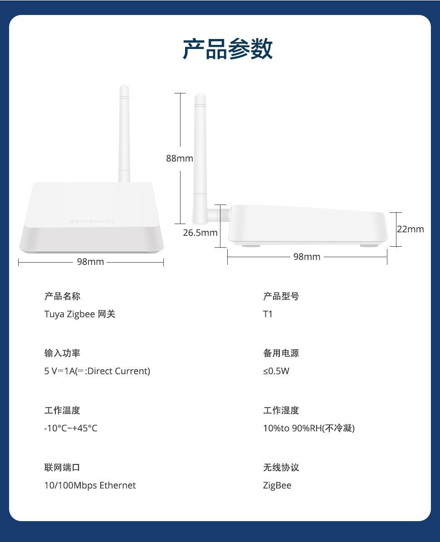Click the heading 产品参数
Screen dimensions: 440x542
pos(227,49)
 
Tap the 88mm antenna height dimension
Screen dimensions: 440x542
pos(179,158)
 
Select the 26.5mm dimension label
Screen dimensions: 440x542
pos(200,233)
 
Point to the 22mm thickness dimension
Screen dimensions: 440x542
pos(410,229)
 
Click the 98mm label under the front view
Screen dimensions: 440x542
pos(91,262)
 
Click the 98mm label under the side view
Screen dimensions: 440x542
pos(307,257)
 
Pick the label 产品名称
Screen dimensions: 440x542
pos(62,296)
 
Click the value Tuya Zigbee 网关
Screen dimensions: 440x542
pos(79,314)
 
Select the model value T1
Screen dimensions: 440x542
pos(268,314)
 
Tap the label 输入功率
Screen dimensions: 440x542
pos(62,353)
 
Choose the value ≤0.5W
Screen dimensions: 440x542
pos(276,371)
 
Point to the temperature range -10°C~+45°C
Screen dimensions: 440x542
pos(71,428)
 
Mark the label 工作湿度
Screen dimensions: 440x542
pos(281,410)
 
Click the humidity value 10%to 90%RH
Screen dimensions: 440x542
pos(293,428)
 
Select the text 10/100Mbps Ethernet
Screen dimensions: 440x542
pos(90,485)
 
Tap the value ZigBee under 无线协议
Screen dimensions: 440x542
pos(277,485)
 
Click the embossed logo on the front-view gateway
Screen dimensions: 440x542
pos(92,221)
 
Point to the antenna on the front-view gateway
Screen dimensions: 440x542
pos(124,133)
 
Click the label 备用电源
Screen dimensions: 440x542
pos(281,353)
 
